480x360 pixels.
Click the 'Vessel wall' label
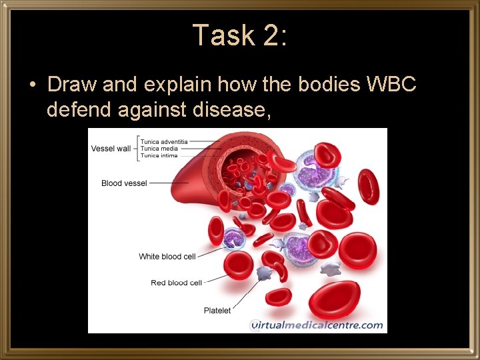111,148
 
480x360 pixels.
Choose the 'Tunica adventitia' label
164,141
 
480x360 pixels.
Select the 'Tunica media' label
159,149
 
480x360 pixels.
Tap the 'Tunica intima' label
159,155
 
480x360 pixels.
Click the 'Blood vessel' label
124,183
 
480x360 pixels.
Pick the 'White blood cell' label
167,257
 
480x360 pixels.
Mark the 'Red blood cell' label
176,283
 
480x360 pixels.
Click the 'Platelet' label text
217,310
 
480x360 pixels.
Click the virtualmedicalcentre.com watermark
317,325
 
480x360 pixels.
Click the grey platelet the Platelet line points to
264,273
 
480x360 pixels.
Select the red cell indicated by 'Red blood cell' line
239,265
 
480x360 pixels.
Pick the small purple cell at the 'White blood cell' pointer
234,239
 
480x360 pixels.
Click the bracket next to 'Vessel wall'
136,148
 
